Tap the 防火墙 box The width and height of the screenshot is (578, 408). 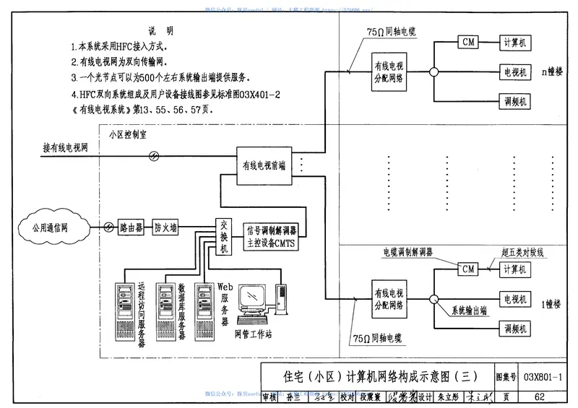[x=167, y=227]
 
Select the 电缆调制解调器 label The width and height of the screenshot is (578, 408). [x=407, y=253]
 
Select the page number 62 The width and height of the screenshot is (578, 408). [x=540, y=396]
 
